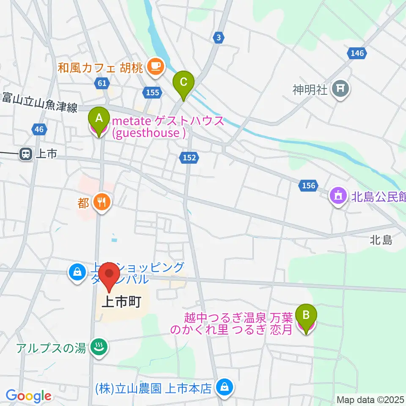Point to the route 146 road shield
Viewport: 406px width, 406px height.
tap(357, 53)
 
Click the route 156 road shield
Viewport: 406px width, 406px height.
tap(308, 185)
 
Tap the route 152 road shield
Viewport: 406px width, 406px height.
tap(189, 157)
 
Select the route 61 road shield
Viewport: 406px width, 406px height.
tap(101, 83)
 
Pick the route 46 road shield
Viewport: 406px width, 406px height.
tap(39, 129)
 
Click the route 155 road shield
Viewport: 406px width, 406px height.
tap(151, 92)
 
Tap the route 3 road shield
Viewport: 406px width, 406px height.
tap(218, 37)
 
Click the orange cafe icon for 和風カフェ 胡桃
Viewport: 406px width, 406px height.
tap(155, 66)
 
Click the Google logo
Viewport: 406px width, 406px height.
tap(28, 396)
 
